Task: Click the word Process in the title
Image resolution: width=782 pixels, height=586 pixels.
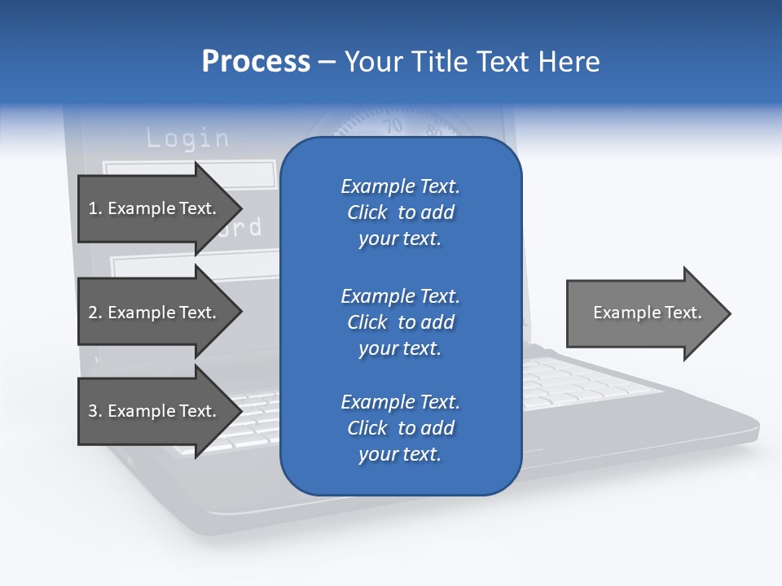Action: click(x=256, y=62)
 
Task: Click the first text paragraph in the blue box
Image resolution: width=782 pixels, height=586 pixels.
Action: click(x=400, y=212)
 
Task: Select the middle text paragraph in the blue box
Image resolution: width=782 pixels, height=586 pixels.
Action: click(x=400, y=321)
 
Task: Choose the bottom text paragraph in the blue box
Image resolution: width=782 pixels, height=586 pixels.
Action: click(x=400, y=428)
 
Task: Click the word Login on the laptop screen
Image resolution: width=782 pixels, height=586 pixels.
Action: click(x=187, y=138)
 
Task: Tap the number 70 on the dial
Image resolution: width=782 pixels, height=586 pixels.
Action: click(x=393, y=126)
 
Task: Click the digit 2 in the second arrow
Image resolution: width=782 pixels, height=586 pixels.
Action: click(x=92, y=313)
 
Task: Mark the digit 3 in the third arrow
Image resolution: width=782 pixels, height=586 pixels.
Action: click(x=92, y=411)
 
